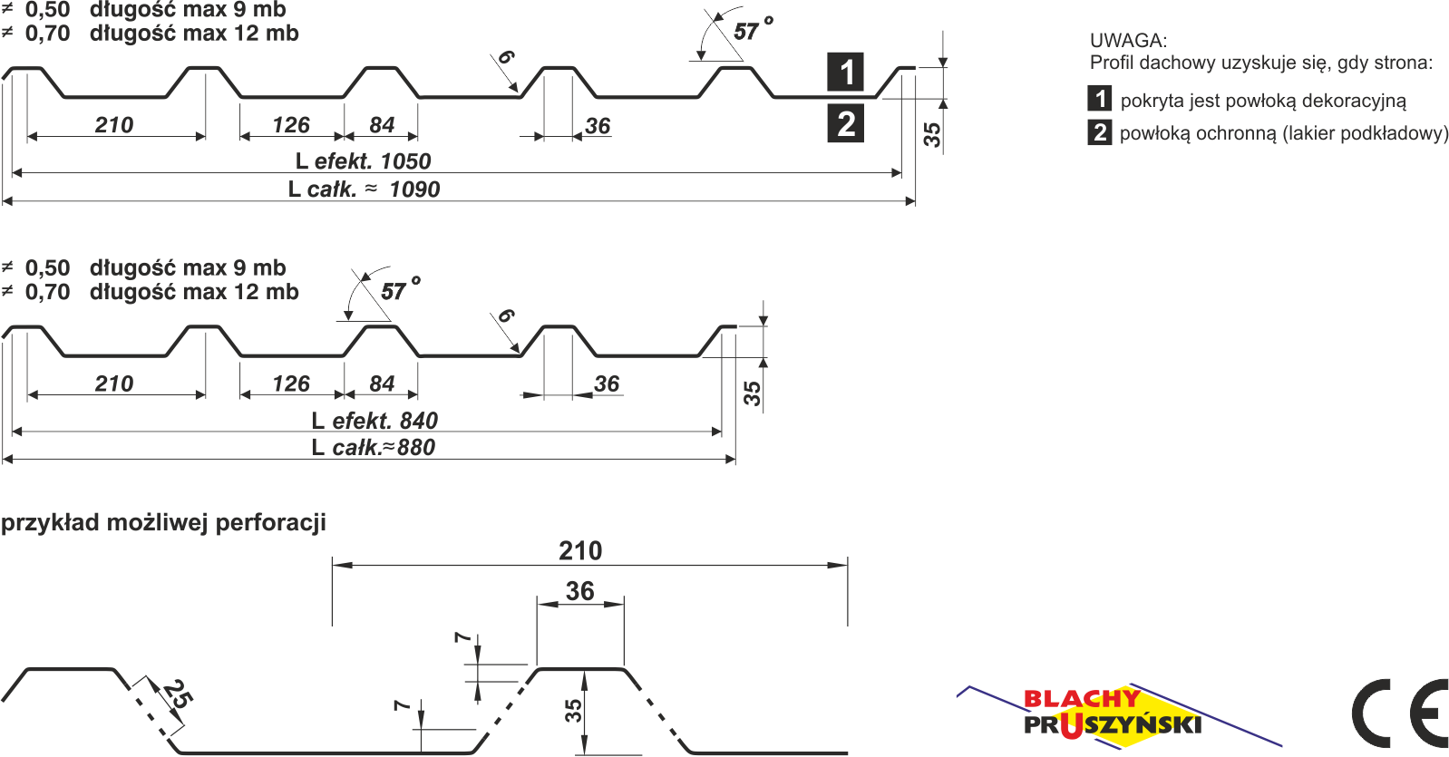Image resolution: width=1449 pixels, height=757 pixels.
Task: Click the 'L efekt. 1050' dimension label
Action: tap(364, 161)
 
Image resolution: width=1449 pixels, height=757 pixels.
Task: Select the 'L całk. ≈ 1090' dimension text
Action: tap(364, 189)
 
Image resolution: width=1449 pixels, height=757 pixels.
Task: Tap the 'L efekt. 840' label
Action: tap(374, 421)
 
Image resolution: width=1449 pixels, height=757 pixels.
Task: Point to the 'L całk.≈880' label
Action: tap(373, 447)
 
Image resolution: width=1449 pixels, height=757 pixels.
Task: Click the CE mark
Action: tap(1399, 713)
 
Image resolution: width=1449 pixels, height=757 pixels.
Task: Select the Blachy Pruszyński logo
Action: tap(1113, 714)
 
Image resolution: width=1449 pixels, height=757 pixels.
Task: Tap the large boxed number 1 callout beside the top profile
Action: tap(846, 72)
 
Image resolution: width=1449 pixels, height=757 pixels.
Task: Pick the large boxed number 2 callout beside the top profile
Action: tap(846, 124)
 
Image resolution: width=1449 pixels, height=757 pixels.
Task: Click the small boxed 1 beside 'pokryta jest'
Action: tap(1100, 99)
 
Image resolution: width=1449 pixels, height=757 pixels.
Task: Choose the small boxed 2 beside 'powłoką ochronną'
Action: tap(1100, 132)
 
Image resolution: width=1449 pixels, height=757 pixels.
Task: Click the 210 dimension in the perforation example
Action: tap(580, 550)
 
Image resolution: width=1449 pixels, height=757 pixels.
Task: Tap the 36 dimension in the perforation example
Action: tap(580, 591)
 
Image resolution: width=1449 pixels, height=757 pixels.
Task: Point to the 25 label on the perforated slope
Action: tap(178, 696)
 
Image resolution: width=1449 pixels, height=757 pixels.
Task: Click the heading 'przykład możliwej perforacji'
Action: tap(163, 523)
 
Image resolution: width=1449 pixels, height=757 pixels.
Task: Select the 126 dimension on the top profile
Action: tap(291, 125)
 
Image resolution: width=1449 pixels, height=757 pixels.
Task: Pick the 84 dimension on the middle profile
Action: tap(382, 383)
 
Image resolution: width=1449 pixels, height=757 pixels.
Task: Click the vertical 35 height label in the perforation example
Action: tap(573, 711)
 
